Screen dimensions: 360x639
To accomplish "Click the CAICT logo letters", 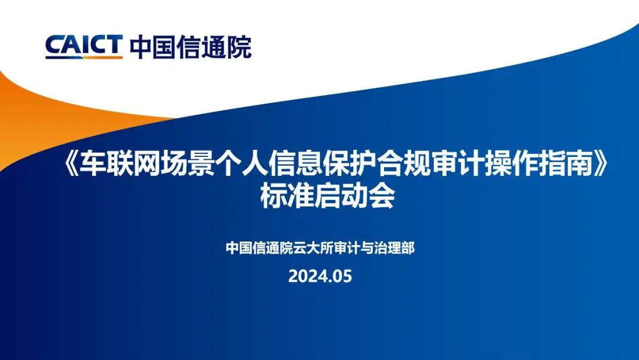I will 83,46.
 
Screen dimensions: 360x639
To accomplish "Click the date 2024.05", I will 320,277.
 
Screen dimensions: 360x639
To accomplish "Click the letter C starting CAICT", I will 54,46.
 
